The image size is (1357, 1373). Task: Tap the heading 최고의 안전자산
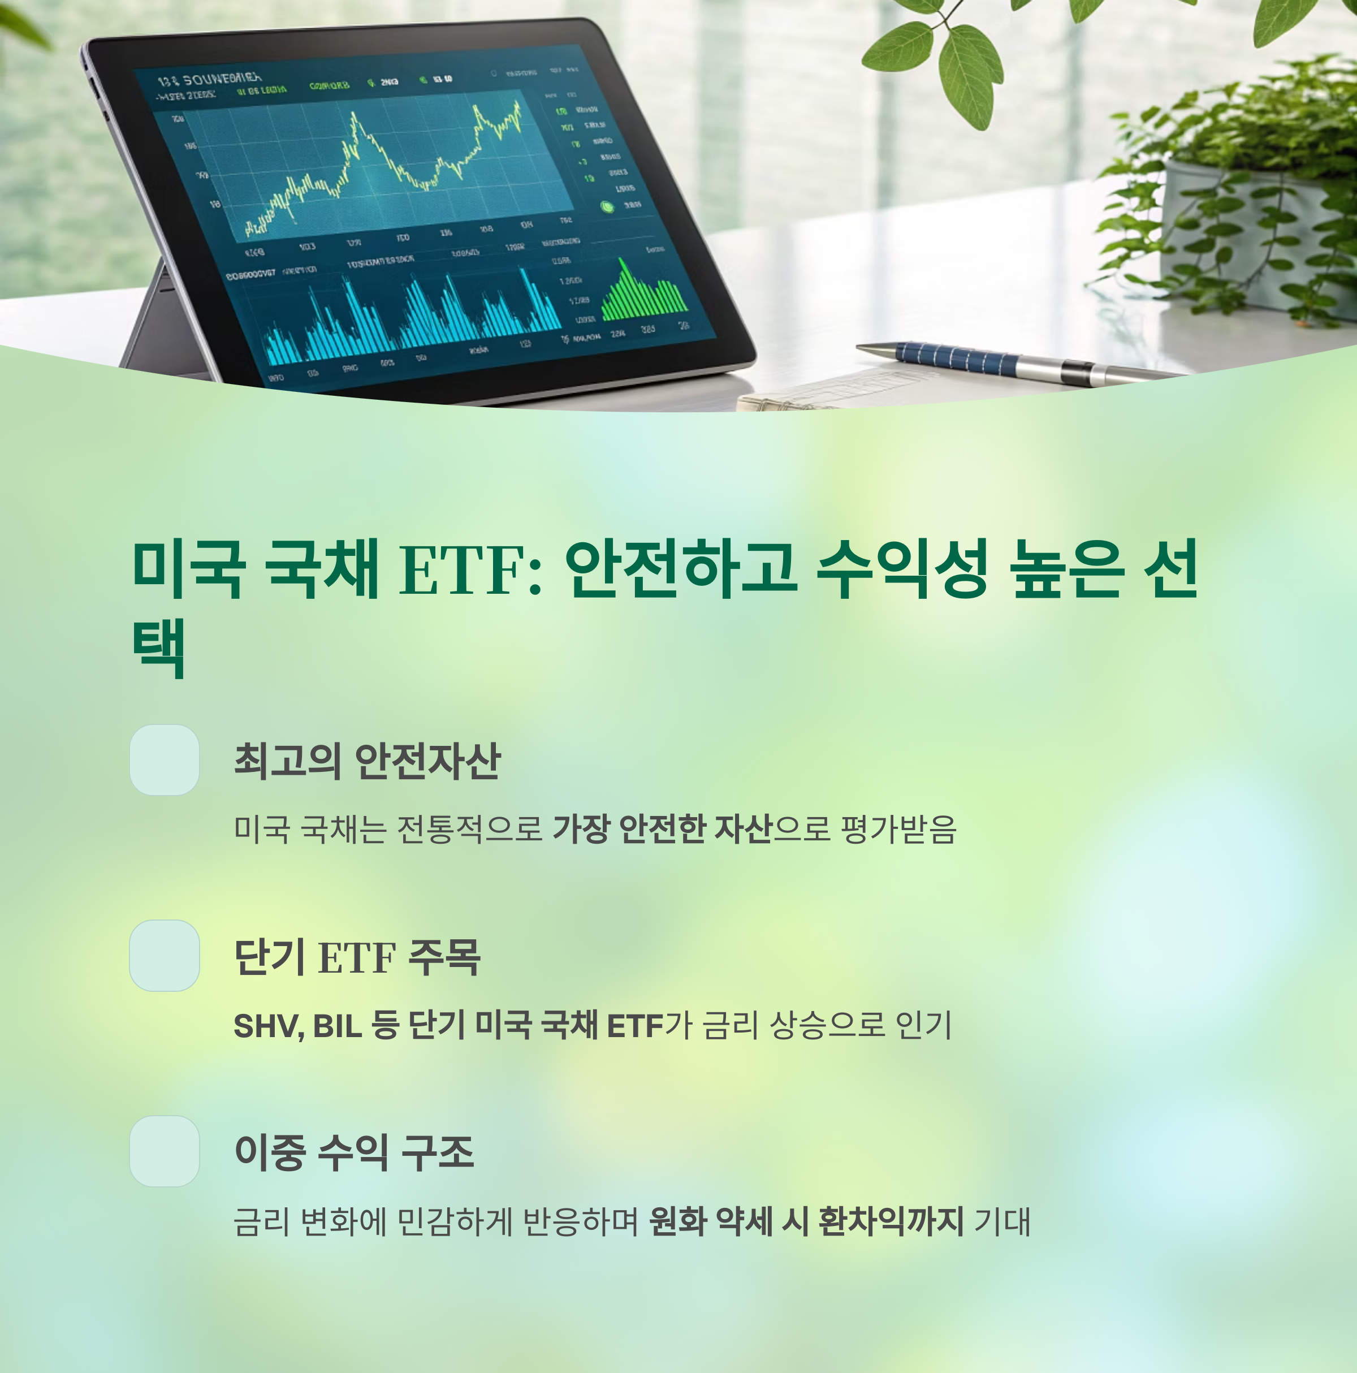[368, 761]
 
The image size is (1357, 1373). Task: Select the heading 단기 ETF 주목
[357, 957]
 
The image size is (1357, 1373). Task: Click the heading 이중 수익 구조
[354, 1152]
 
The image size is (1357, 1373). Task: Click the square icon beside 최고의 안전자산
[164, 759]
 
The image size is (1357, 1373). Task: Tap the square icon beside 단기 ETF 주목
[164, 956]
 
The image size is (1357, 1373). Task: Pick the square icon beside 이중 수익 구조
[164, 1151]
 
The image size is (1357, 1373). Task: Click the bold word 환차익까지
[891, 1221]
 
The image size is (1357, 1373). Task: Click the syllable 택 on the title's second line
[159, 648]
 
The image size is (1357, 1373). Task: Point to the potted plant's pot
[1251, 235]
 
